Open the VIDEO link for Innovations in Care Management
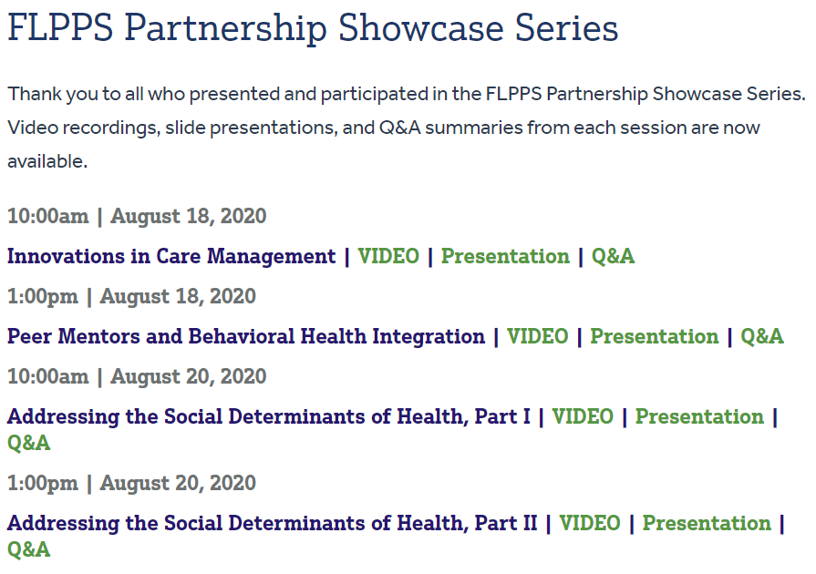(388, 257)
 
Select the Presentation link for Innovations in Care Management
(505, 257)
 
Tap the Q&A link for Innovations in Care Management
(613, 257)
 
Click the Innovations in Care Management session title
(171, 257)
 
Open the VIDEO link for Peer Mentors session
(538, 337)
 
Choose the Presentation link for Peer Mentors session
(655, 337)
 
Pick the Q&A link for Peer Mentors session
(762, 337)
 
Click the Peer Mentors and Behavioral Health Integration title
(246, 337)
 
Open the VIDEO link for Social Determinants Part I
(583, 417)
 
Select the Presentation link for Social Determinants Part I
(699, 417)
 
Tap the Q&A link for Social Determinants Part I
(29, 444)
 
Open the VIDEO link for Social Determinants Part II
(590, 524)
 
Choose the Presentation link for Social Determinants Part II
(707, 524)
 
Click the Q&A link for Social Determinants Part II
(29, 550)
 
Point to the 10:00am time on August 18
(48, 217)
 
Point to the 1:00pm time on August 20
(43, 484)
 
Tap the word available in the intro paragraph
(46, 162)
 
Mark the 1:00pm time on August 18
(43, 297)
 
